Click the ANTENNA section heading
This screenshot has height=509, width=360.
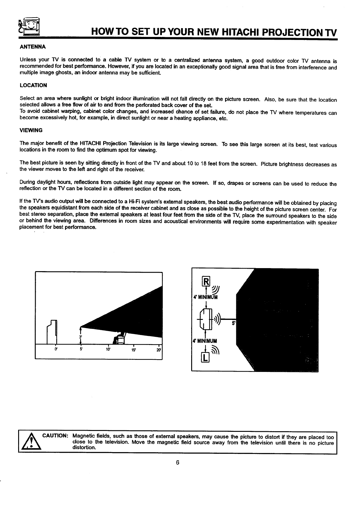coord(32,47)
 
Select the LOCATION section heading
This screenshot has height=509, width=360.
coord(33,85)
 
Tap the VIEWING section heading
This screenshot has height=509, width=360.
coord(31,130)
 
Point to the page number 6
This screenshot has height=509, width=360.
coord(178,462)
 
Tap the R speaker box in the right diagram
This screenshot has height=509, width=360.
coord(206,282)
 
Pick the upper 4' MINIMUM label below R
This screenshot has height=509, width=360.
coord(205,297)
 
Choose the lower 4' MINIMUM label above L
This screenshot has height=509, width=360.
coord(205,341)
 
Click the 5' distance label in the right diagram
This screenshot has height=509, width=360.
coord(234,323)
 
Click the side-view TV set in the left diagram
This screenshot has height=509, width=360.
coord(52,332)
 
